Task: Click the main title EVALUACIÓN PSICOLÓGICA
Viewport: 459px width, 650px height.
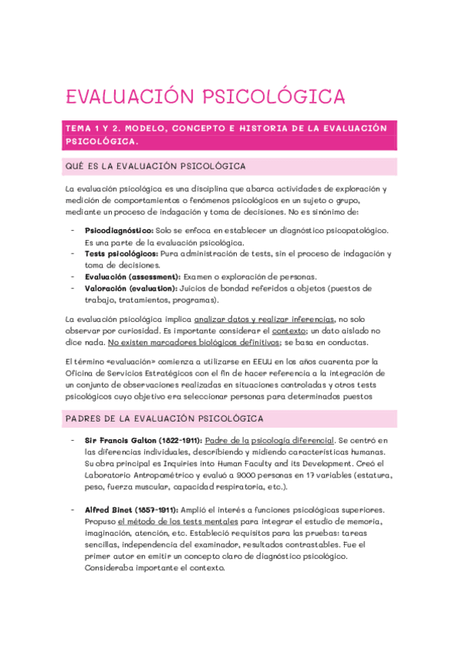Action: pyautogui.click(x=195, y=97)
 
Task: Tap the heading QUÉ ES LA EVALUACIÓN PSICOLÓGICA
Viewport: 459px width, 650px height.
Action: pyautogui.click(x=155, y=166)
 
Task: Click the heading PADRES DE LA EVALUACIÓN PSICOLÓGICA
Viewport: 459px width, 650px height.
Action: pyautogui.click(x=165, y=419)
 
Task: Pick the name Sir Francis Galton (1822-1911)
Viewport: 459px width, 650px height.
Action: pyautogui.click(x=143, y=440)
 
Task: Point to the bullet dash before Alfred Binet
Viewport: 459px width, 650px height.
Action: pyautogui.click(x=72, y=510)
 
